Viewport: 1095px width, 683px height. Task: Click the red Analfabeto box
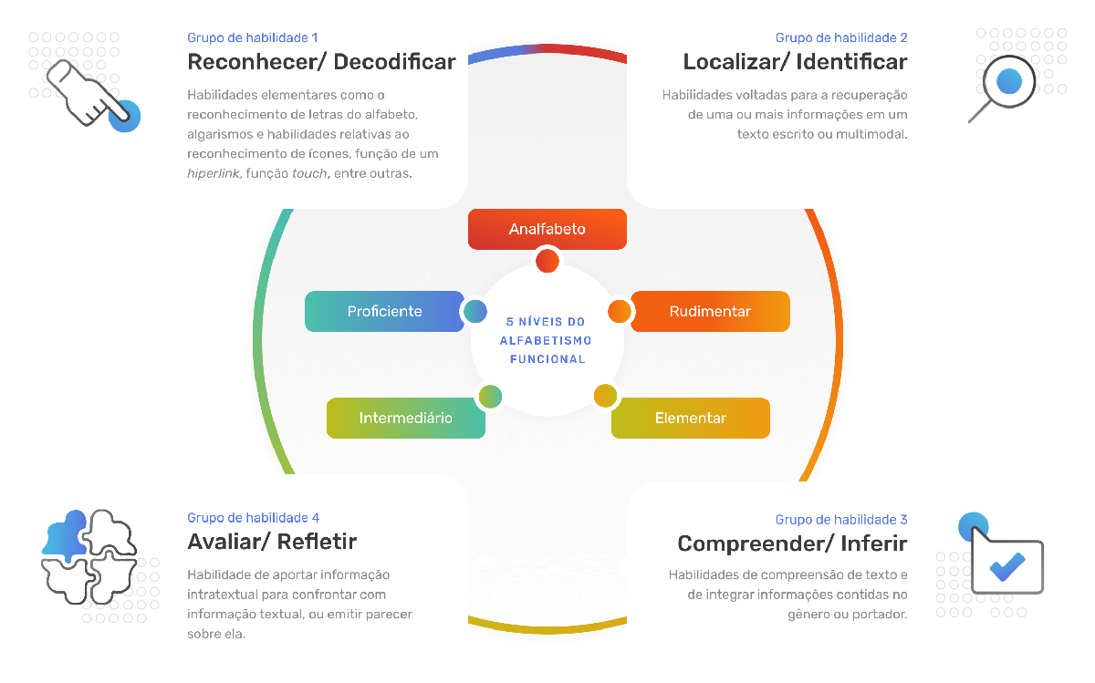pos(547,229)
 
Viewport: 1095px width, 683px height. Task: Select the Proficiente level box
pos(385,311)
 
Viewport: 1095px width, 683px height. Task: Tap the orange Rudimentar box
pos(710,311)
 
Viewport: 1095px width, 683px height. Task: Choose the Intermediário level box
pos(406,418)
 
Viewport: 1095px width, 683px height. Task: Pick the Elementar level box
pos(690,418)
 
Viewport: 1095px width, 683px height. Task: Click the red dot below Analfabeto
pos(547,261)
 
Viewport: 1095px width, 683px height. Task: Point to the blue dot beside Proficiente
pos(475,311)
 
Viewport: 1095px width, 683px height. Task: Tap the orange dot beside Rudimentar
pos(620,311)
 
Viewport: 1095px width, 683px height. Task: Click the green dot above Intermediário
pos(490,397)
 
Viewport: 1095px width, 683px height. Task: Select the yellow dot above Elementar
pos(605,396)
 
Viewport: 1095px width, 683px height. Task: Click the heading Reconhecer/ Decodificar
pos(321,62)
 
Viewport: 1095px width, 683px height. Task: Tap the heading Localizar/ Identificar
pos(795,62)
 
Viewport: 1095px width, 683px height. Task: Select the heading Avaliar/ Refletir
pos(272,542)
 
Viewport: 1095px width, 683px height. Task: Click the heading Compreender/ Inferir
pos(792,543)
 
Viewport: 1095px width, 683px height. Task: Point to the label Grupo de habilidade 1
pos(252,37)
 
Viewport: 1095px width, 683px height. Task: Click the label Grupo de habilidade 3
pos(841,520)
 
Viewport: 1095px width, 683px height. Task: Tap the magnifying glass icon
pos(1002,88)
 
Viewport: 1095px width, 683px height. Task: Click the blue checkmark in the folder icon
pos(1007,566)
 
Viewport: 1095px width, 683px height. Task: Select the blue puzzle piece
pos(65,536)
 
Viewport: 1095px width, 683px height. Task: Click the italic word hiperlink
pos(214,173)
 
